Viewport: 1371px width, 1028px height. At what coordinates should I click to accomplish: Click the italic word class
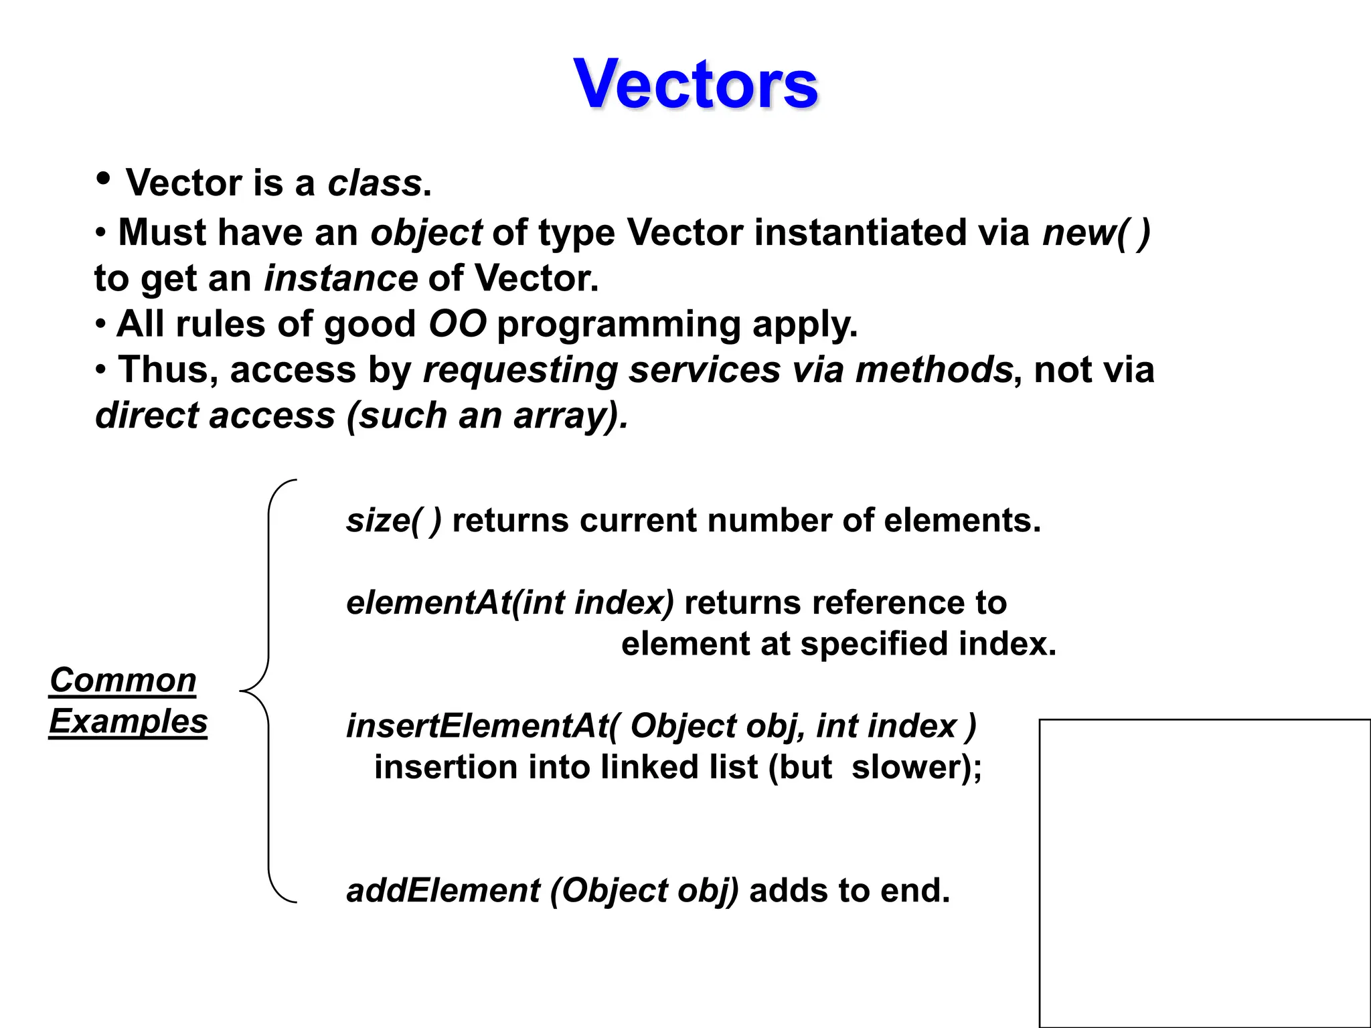point(375,183)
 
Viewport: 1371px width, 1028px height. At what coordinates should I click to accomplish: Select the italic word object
point(426,233)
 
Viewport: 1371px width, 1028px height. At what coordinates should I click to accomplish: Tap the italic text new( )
point(1096,233)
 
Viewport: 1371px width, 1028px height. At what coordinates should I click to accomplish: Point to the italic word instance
point(341,278)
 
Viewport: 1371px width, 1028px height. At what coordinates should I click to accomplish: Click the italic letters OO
point(457,324)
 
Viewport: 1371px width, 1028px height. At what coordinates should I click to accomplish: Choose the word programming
point(619,325)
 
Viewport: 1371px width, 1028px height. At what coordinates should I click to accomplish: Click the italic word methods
point(935,369)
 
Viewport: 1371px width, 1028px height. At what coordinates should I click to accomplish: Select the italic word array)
point(571,416)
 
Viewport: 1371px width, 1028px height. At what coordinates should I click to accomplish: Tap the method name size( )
point(394,521)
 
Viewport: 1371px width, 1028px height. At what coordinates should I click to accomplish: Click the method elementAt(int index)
point(510,603)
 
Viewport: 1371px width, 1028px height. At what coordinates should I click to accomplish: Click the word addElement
point(443,891)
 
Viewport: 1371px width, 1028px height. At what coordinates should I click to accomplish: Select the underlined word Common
point(123,681)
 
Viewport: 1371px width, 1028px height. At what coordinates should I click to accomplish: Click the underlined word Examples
point(129,721)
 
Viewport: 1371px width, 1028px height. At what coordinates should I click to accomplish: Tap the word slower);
point(916,767)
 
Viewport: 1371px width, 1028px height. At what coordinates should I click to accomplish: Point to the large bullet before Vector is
point(104,179)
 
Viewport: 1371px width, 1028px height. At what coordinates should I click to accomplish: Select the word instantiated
point(860,233)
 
